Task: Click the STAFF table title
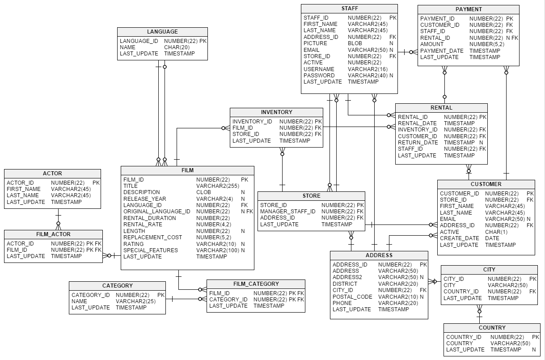point(349,8)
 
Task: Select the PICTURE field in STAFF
point(315,43)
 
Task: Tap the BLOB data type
point(355,43)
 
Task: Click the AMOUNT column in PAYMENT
point(432,44)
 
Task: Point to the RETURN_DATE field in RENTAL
point(418,143)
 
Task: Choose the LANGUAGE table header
point(162,32)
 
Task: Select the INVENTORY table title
point(276,112)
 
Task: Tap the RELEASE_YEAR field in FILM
point(144,199)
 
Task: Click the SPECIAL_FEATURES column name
point(150,250)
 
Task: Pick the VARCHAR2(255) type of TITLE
point(218,186)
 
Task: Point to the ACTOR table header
point(52,174)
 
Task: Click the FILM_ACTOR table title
point(53,234)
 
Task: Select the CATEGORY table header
point(117,286)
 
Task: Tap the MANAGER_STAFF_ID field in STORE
point(287,212)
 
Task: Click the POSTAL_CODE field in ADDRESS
point(352,297)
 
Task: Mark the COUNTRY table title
point(492,328)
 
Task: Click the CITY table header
point(489,270)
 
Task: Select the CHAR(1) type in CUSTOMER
point(496,232)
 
